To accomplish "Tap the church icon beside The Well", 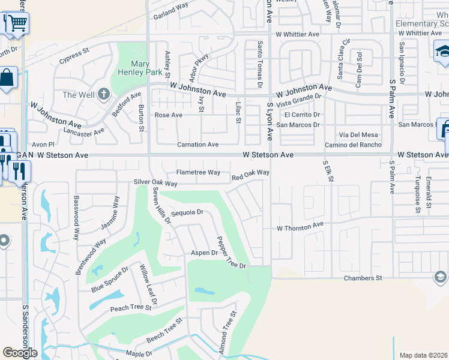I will [x=104, y=94].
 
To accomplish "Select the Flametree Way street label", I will [x=196, y=172].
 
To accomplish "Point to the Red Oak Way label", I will [x=250, y=174].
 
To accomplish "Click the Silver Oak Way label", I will [x=155, y=183].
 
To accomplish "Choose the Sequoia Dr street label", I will [x=188, y=212].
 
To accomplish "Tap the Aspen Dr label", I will [x=204, y=253].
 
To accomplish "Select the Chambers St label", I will [x=363, y=278].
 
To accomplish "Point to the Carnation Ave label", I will [x=197, y=145].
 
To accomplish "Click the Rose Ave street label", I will [x=168, y=115].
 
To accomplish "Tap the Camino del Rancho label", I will [x=353, y=145].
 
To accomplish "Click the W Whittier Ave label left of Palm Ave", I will [x=297, y=34].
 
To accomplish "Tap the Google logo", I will [x=20, y=352].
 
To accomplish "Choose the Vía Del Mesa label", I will [x=358, y=135].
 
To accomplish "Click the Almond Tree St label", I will [x=228, y=332].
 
